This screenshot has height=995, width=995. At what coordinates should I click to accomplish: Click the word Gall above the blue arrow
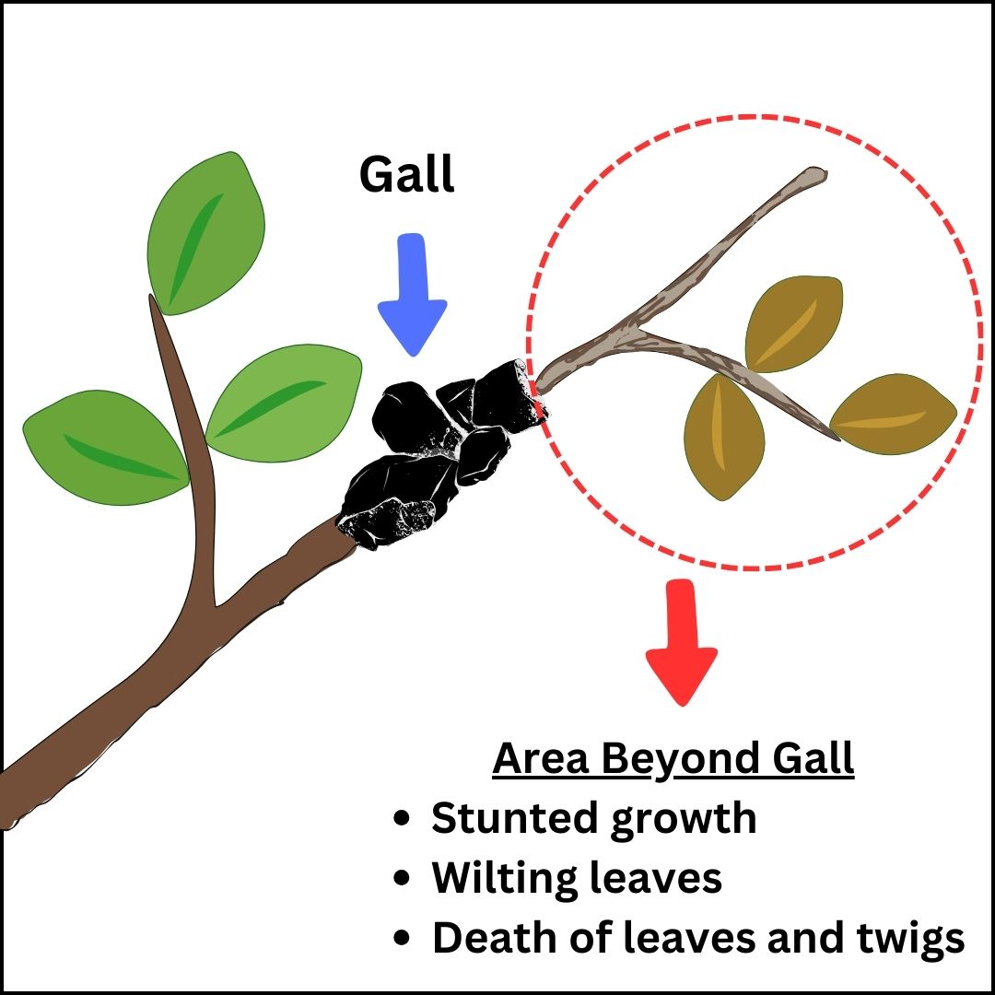tap(406, 174)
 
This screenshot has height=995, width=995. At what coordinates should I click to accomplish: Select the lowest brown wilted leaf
tap(724, 439)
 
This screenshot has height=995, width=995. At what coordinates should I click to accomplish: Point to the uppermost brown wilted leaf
tap(794, 322)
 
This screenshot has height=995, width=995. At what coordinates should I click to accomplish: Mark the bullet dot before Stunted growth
tap(401, 819)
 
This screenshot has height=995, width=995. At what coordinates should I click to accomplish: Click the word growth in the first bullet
tap(681, 820)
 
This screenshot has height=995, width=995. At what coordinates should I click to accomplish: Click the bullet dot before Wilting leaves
tap(401, 879)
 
